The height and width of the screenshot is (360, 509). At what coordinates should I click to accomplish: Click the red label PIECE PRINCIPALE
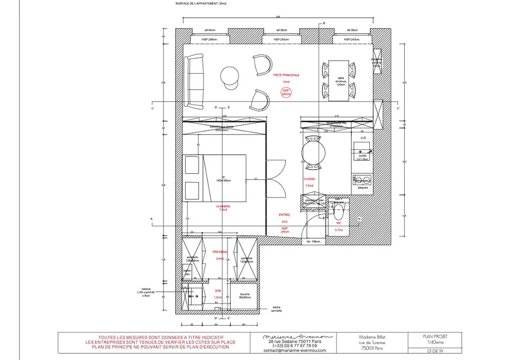(286, 75)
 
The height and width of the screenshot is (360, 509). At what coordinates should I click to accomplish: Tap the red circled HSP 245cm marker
(286, 92)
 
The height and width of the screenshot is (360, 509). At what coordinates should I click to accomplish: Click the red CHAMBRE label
(223, 208)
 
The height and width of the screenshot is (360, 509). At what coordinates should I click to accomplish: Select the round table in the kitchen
(312, 151)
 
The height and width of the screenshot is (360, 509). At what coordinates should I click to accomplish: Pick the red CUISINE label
(309, 179)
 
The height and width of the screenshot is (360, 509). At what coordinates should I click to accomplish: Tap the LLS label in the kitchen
(363, 138)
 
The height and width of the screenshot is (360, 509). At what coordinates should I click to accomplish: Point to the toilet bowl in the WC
(339, 210)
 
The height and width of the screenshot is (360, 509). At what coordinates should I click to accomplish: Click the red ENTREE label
(285, 215)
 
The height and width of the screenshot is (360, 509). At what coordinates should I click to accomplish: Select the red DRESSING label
(220, 252)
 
